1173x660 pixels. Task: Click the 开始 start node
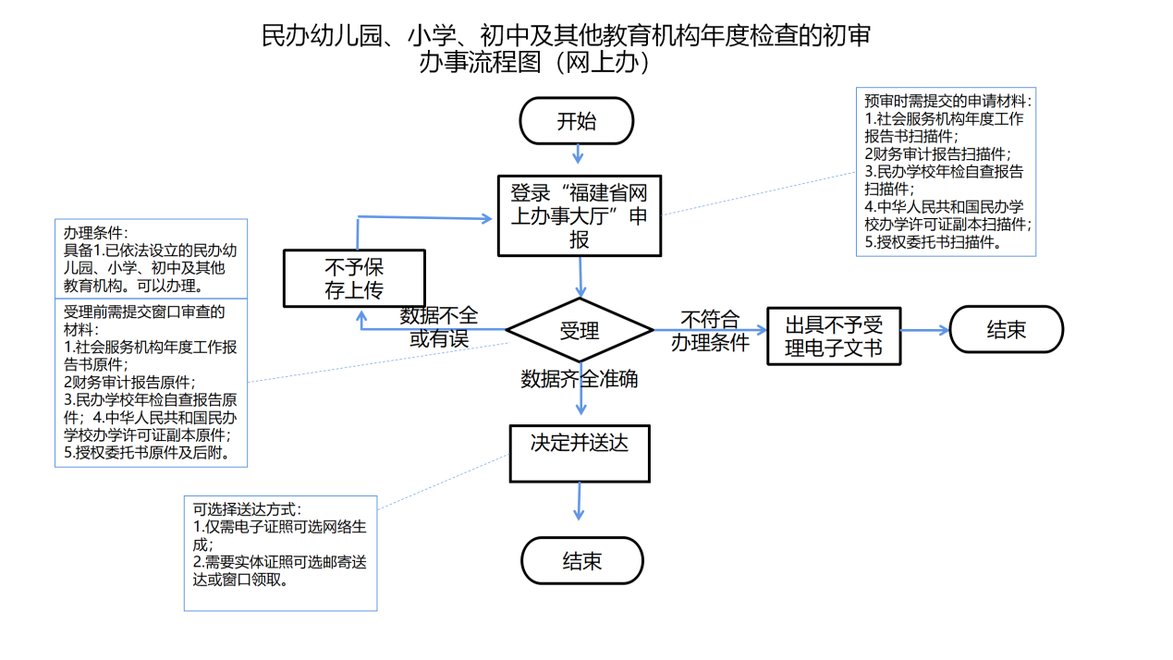click(577, 121)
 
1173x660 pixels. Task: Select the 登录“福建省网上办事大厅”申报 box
click(580, 216)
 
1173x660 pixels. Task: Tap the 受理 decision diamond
click(580, 330)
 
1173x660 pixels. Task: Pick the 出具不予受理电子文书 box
click(834, 336)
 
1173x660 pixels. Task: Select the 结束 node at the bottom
click(581, 560)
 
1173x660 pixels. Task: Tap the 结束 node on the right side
click(1006, 330)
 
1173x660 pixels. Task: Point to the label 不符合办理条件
click(710, 331)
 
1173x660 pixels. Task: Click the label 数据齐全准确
click(579, 379)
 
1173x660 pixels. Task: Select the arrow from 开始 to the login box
click(578, 153)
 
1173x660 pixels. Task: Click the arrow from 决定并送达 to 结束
click(580, 501)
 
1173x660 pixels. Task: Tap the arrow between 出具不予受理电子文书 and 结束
click(924, 330)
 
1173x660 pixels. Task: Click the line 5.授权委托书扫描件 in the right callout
click(933, 242)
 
